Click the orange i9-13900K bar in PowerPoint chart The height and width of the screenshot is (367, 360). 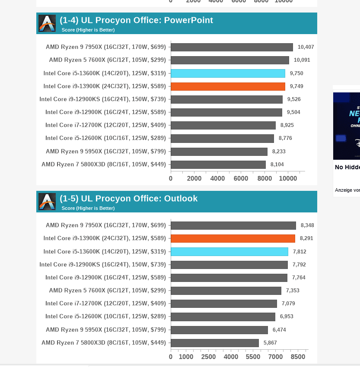pos(228,86)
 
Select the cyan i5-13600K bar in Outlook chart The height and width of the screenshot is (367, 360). pos(229,252)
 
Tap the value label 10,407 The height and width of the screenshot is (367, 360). pos(306,47)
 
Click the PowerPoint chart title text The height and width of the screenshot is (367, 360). pos(136,20)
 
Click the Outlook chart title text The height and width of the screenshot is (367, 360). pos(128,199)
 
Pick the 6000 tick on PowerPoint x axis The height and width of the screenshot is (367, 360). pos(241,179)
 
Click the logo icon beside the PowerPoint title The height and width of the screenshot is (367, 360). pos(47,24)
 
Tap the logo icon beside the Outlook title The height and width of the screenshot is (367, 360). pos(47,202)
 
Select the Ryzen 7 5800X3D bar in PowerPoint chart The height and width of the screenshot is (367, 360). pos(218,165)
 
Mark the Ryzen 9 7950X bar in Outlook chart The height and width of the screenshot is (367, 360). pos(233,225)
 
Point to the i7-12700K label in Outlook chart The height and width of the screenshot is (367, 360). pos(105,304)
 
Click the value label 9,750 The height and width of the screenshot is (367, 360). pos(296,73)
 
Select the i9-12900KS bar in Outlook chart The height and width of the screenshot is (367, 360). pos(229,265)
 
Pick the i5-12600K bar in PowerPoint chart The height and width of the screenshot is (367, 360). pos(222,139)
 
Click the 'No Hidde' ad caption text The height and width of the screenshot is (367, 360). pos(347,167)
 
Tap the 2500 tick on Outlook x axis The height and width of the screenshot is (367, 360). pos(209,357)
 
